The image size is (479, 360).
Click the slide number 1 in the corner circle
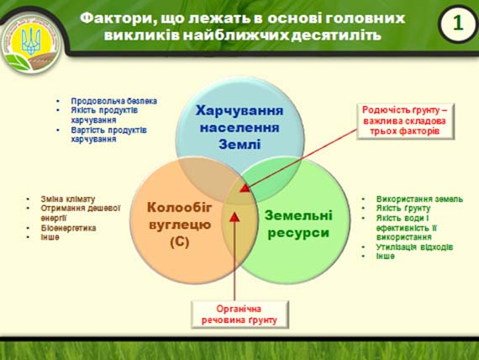pyautogui.click(x=458, y=23)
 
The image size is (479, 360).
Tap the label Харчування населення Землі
pyautogui.click(x=239, y=127)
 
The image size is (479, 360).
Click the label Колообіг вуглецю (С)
pyautogui.click(x=180, y=225)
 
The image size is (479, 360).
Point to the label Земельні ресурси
pyautogui.click(x=298, y=224)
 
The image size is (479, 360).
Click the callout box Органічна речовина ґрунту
pyautogui.click(x=239, y=315)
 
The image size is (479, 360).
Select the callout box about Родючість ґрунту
pyautogui.click(x=405, y=121)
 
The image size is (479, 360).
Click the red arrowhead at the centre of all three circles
pyautogui.click(x=245, y=188)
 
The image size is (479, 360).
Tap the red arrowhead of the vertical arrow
pyautogui.click(x=234, y=217)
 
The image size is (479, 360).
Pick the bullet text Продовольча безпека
pyautogui.click(x=114, y=101)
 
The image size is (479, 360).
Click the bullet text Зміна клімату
pyautogui.click(x=68, y=199)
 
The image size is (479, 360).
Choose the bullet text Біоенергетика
pyautogui.click(x=68, y=228)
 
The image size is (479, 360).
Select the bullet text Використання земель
pyautogui.click(x=419, y=199)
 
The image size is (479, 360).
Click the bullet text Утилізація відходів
pyautogui.click(x=414, y=246)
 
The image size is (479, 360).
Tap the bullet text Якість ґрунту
pyautogui.click(x=403, y=209)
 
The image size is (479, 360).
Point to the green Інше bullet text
pyautogui.click(x=385, y=256)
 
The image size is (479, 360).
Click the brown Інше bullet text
pyautogui.click(x=50, y=237)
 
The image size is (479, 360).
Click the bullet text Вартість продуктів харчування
pyautogui.click(x=108, y=135)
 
